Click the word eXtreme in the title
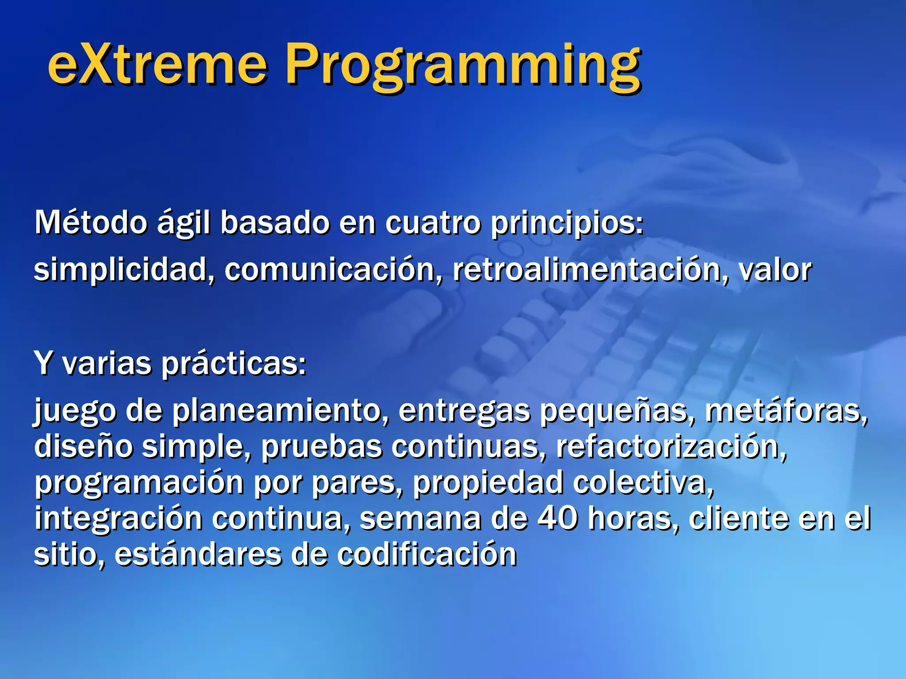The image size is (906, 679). [157, 64]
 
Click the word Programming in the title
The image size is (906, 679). [462, 66]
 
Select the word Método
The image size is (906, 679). [91, 222]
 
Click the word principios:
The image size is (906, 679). [567, 223]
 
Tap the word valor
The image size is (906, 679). [775, 270]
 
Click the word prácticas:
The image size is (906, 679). [233, 365]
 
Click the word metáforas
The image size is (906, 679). [785, 411]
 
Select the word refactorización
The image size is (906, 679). [671, 446]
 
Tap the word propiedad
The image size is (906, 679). [488, 483]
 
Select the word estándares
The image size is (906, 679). [198, 554]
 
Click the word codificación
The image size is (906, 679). [426, 554]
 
